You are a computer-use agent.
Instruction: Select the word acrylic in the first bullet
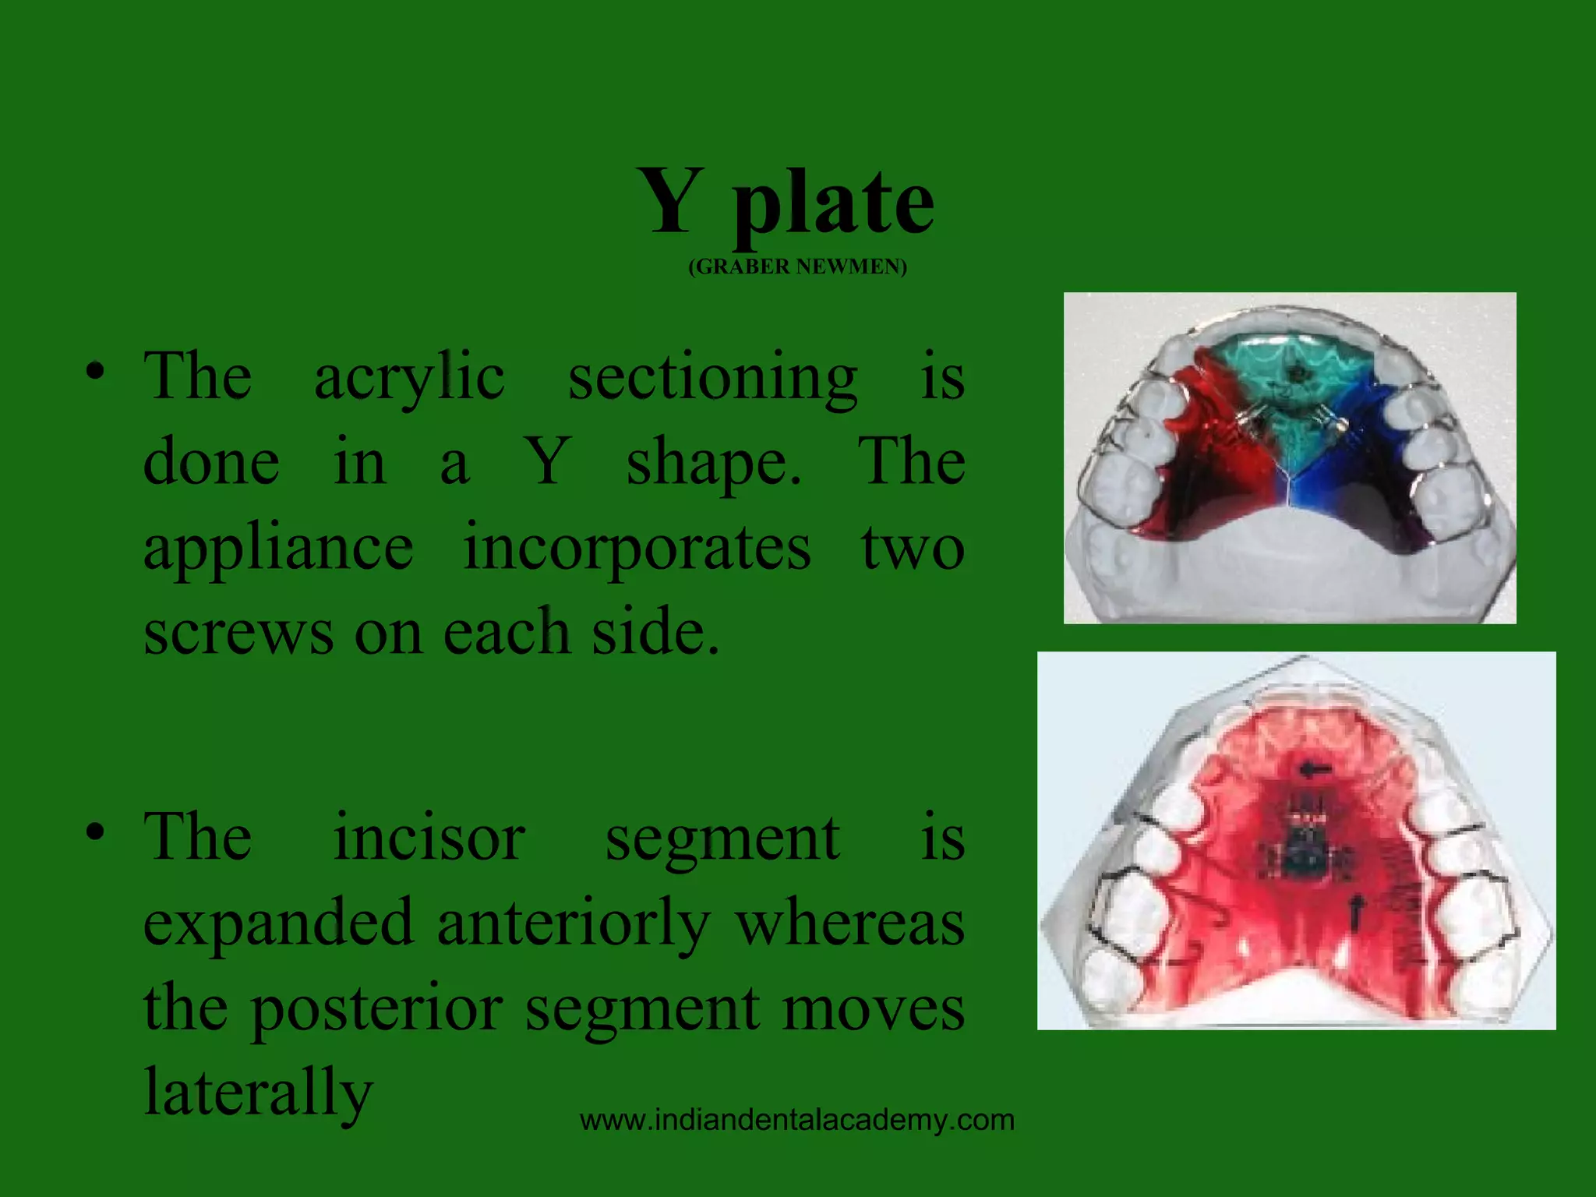(x=409, y=377)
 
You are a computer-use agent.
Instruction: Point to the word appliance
(x=278, y=549)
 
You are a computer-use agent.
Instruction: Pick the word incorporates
(x=637, y=549)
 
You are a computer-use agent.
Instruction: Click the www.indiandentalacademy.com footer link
(x=797, y=1121)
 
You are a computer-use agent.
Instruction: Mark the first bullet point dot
(x=95, y=372)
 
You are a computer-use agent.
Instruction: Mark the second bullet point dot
(x=95, y=832)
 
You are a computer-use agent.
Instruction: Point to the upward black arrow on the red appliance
(x=1358, y=910)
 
